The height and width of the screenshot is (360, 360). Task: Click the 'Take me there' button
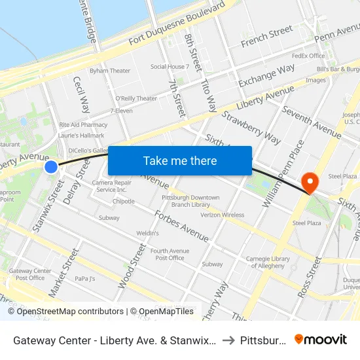pos(180,161)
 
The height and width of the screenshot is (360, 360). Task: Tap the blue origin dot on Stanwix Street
pos(51,168)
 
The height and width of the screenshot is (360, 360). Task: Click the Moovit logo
pos(321,340)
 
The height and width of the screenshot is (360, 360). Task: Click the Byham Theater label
pos(110,71)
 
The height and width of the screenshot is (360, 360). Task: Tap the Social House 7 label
pos(170,67)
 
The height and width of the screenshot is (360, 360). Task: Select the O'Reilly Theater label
pos(136,99)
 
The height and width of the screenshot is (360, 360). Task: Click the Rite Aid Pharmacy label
pos(83,124)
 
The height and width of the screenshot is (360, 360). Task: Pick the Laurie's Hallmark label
pos(81,135)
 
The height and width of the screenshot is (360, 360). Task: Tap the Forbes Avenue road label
pos(181,225)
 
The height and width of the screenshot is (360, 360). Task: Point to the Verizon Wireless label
pos(222,215)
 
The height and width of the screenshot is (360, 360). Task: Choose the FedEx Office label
pos(308,56)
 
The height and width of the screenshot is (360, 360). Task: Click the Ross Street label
pos(310,277)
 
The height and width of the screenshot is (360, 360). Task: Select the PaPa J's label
pos(85,278)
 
